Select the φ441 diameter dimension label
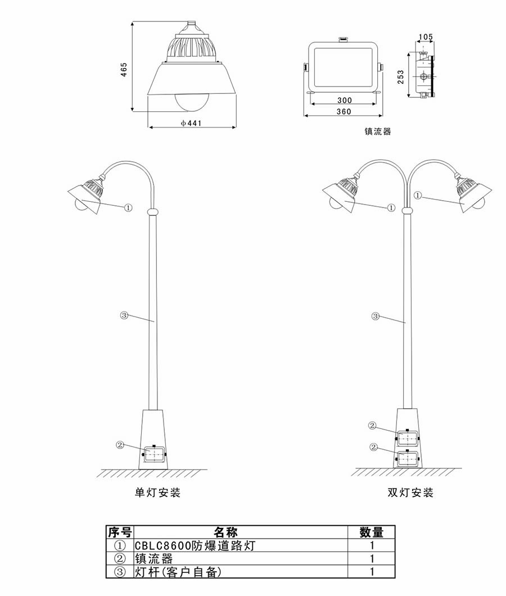tap(191, 122)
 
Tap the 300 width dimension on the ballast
tap(344, 100)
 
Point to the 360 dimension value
tap(344, 111)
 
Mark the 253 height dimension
tap(400, 75)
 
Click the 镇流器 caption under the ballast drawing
tap(377, 132)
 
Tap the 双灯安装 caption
tap(410, 493)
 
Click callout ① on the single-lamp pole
tap(128, 207)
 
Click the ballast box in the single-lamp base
tap(155, 454)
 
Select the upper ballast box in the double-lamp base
tap(408, 437)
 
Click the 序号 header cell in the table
tap(119, 532)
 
